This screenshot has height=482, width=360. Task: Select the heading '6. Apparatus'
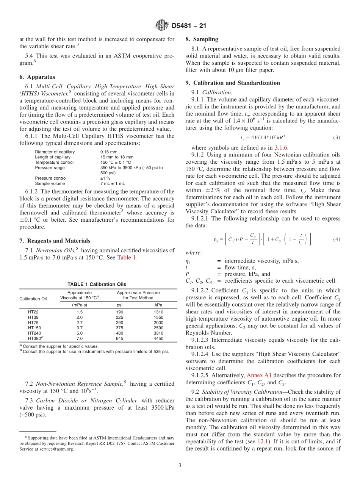[x=37, y=77]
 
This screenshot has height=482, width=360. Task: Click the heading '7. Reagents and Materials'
[x=55, y=241]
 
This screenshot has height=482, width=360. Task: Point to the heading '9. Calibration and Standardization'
[x=233, y=83]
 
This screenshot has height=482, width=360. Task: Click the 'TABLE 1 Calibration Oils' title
[x=97, y=284]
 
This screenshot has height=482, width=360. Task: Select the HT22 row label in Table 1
[x=33, y=312]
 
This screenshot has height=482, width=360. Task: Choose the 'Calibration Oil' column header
[x=33, y=298]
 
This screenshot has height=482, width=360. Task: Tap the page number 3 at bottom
[x=180, y=465]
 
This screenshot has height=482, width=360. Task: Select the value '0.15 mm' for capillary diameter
[x=109, y=152]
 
